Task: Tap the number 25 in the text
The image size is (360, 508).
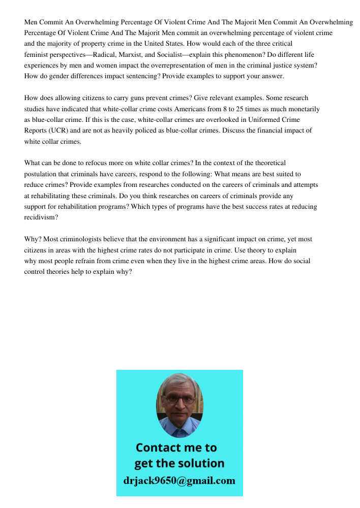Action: tap(242, 109)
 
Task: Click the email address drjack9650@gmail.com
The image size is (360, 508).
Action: tap(179, 481)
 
